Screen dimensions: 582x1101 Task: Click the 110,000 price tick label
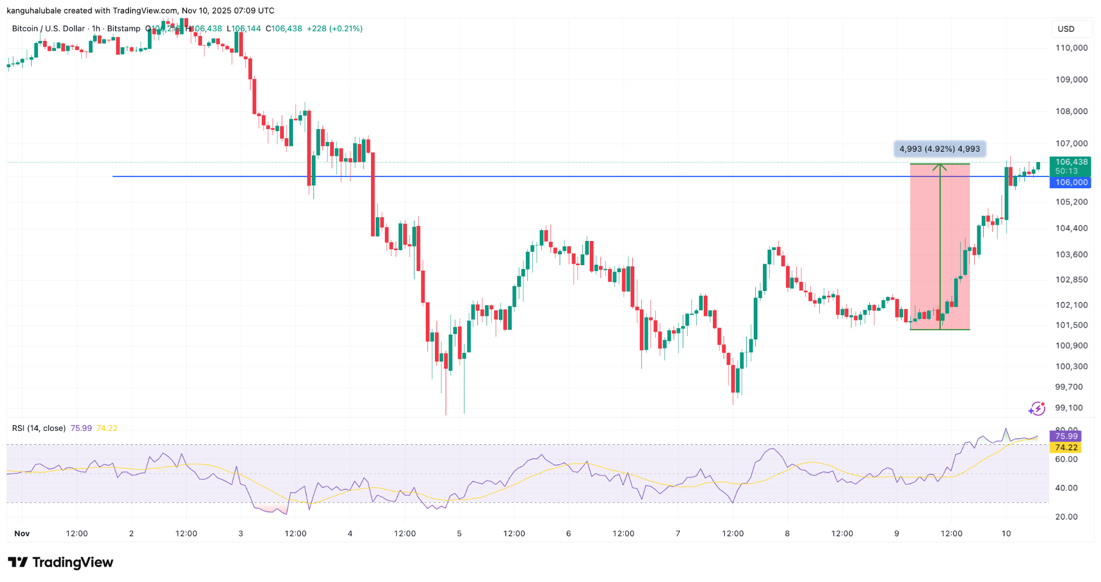[x=1071, y=48]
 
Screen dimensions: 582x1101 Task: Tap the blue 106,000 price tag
[x=1071, y=182]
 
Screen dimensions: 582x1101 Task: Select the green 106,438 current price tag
[x=1071, y=162]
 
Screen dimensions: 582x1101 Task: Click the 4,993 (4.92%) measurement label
[x=939, y=149]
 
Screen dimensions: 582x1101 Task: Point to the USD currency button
[x=1066, y=29]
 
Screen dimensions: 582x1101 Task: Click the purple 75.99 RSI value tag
[x=1066, y=436]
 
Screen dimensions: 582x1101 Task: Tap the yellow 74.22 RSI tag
[x=1066, y=448]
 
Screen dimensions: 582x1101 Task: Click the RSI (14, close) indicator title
[x=39, y=428]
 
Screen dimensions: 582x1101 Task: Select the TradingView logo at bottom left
[x=61, y=563]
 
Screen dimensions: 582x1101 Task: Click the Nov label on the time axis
[x=22, y=534]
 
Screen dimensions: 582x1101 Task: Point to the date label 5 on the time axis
[x=459, y=534]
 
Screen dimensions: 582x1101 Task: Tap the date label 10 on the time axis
[x=1006, y=534]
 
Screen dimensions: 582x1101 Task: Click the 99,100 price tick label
[x=1069, y=408]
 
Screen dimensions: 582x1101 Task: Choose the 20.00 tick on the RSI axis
[x=1066, y=517]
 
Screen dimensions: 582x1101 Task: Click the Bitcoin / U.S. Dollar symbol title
[x=48, y=29]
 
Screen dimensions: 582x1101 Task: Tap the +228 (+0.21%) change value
[x=334, y=29]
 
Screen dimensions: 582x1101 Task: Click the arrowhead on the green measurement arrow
[x=940, y=167]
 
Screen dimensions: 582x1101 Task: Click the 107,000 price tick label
[x=1071, y=144]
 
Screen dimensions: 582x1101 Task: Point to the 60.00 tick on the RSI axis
[x=1066, y=459]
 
